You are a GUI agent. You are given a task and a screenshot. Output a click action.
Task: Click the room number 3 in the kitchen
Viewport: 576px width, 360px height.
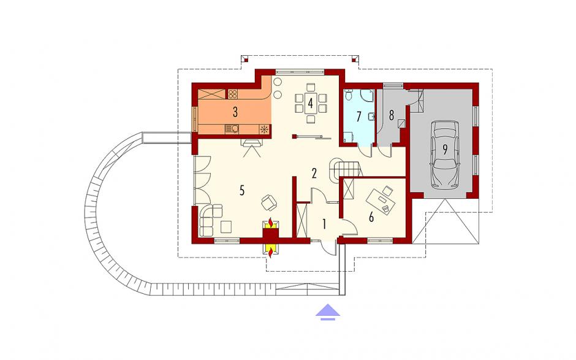coord(235,112)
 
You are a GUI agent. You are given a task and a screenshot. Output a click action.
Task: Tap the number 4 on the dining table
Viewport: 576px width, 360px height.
coord(311,103)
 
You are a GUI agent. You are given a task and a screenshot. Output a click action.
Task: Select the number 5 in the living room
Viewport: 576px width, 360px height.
coord(241,190)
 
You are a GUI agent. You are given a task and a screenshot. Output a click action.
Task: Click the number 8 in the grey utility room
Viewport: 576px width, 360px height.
coord(391,115)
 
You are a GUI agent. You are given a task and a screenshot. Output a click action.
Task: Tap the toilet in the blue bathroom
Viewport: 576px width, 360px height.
coord(349,95)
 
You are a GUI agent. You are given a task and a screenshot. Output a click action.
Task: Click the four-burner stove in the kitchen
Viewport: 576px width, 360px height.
coord(232,94)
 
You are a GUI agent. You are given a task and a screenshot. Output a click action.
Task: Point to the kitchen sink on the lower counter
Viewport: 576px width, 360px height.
coord(232,129)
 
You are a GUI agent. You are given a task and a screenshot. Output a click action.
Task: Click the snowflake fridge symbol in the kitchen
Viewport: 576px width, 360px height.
coord(264,129)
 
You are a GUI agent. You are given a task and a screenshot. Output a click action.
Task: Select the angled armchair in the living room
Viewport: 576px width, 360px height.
coord(270,202)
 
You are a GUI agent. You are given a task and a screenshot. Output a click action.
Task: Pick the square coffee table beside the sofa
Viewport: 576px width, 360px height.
coord(226,226)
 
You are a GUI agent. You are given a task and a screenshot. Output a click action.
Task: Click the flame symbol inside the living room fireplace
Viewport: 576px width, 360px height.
coord(271,223)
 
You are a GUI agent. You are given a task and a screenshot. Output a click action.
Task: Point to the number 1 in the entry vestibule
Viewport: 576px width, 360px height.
coord(324,224)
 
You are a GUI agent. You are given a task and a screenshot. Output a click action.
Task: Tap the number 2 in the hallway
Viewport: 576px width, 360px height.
coord(314,173)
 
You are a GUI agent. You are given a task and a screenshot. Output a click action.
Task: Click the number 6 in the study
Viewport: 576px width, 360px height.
coord(371,217)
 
